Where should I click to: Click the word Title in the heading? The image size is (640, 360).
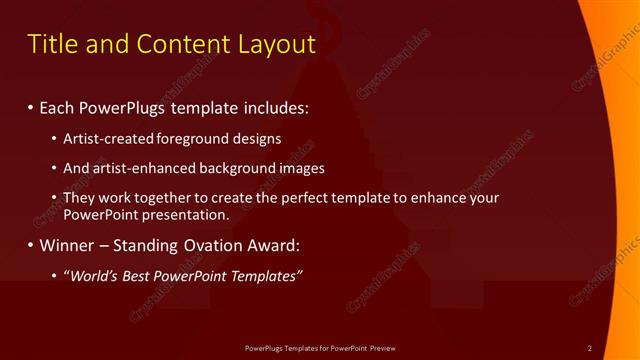click(50, 44)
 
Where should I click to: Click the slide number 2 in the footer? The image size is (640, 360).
click(590, 348)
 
